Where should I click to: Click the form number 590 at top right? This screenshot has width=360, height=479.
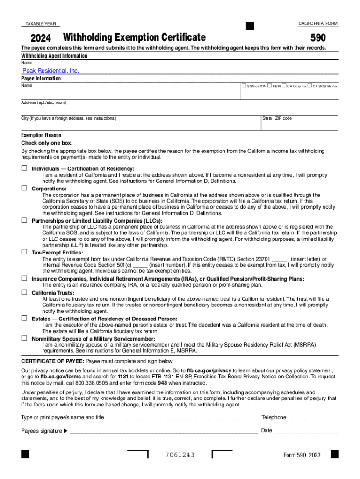tap(318, 37)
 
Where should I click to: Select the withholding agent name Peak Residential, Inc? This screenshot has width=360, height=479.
tap(51, 71)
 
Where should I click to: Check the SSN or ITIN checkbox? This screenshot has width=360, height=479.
tap(244, 86)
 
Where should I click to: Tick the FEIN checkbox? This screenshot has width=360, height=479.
tap(270, 86)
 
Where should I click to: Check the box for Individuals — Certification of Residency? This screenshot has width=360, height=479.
tap(24, 168)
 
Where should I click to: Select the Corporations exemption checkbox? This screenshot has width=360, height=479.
tap(24, 188)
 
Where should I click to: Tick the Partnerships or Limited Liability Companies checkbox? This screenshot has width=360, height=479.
tap(24, 220)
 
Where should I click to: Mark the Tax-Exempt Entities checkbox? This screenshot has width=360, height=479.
tap(24, 252)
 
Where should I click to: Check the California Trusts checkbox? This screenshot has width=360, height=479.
tap(24, 292)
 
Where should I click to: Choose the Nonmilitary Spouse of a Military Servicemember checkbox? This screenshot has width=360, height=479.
tap(24, 338)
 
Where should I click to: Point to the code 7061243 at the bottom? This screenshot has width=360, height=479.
tap(180, 455)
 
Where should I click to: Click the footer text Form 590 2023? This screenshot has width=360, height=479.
tap(302, 455)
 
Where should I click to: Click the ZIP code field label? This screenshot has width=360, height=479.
tap(283, 118)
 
